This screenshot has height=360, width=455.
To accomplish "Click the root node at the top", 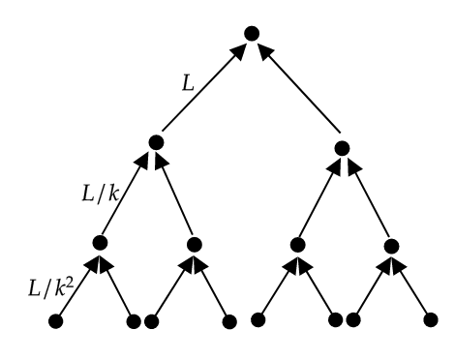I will tap(251, 34).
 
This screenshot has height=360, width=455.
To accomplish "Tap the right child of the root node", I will tap(341, 148).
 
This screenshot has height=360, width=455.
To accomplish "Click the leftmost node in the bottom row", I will tap(55, 320).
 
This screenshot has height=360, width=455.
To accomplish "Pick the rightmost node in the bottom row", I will tap(432, 320).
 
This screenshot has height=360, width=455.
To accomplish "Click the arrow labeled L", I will tap(201, 92).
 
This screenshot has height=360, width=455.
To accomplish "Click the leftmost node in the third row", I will tap(101, 243).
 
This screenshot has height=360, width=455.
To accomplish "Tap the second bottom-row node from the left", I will tap(134, 320).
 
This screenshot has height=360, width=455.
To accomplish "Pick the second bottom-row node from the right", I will tap(355, 320).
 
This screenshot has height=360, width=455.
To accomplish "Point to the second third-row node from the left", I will tap(194, 243).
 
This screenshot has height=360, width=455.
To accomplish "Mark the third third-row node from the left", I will tap(297, 243).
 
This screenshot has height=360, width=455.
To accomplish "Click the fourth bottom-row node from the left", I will tap(229, 320).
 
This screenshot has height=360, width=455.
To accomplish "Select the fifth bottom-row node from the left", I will tap(258, 320).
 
